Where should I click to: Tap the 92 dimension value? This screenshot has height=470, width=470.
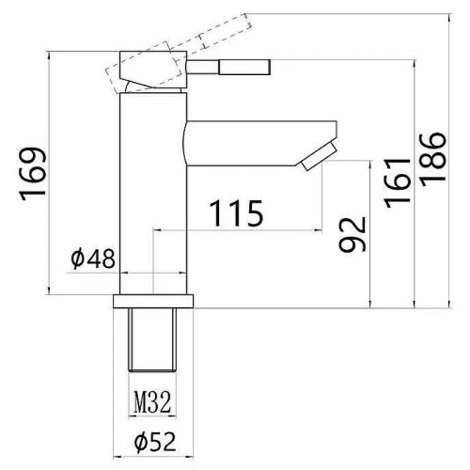coord(351,235)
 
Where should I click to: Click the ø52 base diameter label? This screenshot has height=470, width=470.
coord(153,439)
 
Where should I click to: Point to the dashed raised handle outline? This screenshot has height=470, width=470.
coord(211,39)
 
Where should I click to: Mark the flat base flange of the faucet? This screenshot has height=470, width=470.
coord(153,303)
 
